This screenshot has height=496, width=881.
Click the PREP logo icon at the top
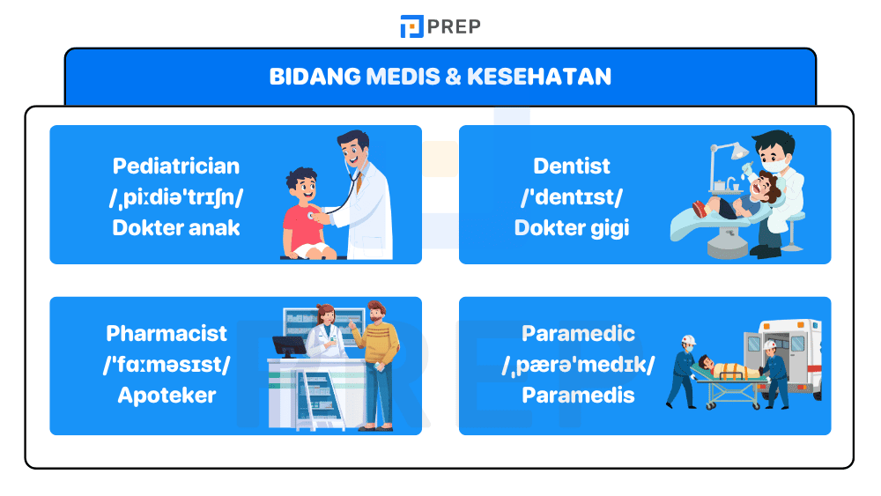pyautogui.click(x=411, y=26)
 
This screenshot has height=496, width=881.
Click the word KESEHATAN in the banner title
pyautogui.click(x=539, y=77)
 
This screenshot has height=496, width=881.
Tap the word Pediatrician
pyautogui.click(x=176, y=166)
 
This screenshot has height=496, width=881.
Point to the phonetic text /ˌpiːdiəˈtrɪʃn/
pyautogui.click(x=176, y=196)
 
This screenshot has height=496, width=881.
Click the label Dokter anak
pyautogui.click(x=176, y=227)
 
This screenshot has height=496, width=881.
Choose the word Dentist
pyautogui.click(x=572, y=166)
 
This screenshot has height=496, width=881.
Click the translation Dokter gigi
pyautogui.click(x=572, y=227)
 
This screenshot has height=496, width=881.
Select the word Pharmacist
pyautogui.click(x=167, y=333)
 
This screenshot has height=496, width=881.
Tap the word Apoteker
pyautogui.click(x=167, y=395)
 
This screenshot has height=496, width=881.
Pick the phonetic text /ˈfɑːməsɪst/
pyautogui.click(x=167, y=364)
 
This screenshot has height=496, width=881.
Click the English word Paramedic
pyautogui.click(x=578, y=333)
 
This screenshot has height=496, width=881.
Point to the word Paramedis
pyautogui.click(x=578, y=395)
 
